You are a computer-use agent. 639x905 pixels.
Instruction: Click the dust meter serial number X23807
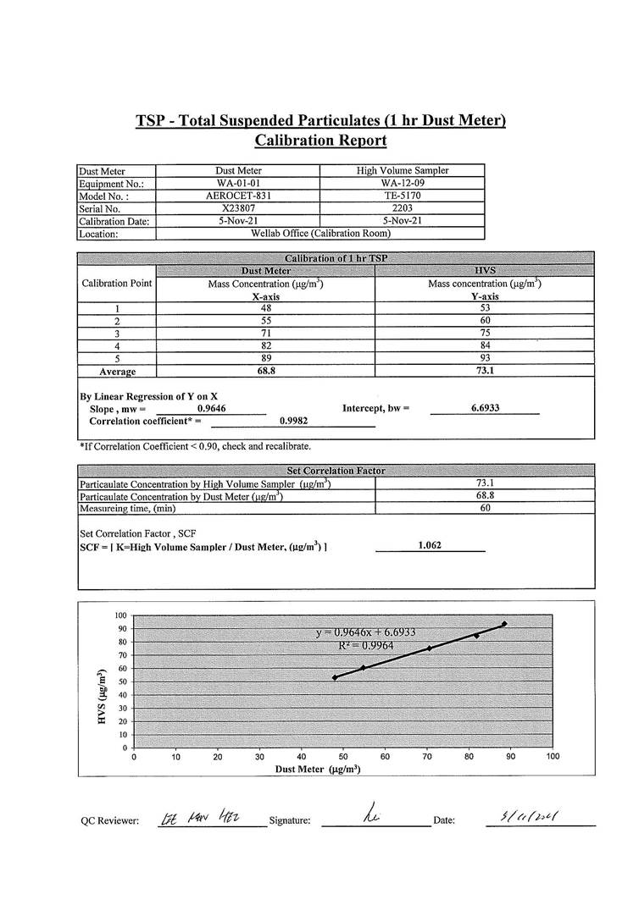tap(238, 207)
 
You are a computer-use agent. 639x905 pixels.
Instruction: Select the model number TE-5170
tap(403, 195)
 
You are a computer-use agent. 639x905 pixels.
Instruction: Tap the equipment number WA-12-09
tap(403, 183)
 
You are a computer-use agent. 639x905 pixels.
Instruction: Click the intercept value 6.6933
tap(485, 408)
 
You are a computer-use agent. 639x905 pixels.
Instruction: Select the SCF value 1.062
tap(431, 546)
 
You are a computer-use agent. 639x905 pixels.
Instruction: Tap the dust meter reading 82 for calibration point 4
tap(266, 345)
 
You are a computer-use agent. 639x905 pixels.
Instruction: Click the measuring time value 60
tap(486, 508)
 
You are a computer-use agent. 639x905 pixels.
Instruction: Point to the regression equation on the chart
tap(365, 632)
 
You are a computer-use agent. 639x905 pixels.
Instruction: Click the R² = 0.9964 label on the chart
tap(365, 645)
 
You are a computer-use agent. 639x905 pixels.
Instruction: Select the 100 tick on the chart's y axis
tap(121, 615)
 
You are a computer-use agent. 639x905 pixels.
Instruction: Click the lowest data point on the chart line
tap(335, 677)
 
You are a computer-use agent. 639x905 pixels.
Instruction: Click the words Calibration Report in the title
tap(320, 141)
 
